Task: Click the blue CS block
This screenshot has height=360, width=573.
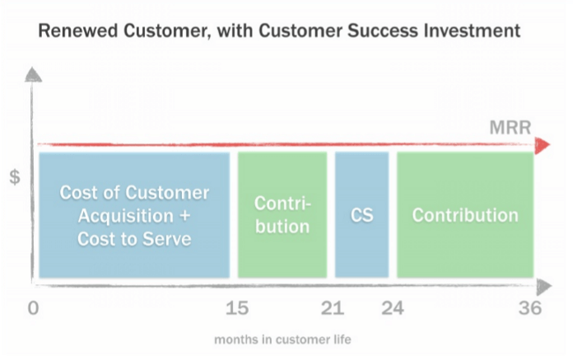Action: (361, 215)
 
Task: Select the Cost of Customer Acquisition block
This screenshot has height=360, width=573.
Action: (134, 215)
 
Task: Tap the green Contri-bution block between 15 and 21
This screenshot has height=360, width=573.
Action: (282, 215)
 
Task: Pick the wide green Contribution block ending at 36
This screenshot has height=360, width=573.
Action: (465, 215)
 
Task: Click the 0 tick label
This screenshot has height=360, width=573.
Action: (33, 308)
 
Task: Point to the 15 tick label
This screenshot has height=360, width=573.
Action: (237, 308)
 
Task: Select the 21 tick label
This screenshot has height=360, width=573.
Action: (332, 308)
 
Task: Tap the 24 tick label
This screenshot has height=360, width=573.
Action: (393, 308)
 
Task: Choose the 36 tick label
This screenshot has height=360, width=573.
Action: (530, 308)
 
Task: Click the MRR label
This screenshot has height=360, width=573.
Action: (510, 128)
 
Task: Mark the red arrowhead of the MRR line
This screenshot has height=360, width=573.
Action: (543, 145)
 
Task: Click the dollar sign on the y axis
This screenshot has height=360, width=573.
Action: (15, 177)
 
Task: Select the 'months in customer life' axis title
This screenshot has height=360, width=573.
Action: (282, 339)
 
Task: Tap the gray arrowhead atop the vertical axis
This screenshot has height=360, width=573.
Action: (33, 75)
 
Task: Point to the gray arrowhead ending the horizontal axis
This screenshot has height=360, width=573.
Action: (544, 287)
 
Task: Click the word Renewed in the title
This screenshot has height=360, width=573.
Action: (78, 30)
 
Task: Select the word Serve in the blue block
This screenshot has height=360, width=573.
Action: (167, 239)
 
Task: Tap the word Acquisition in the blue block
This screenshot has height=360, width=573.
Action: (126, 216)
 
